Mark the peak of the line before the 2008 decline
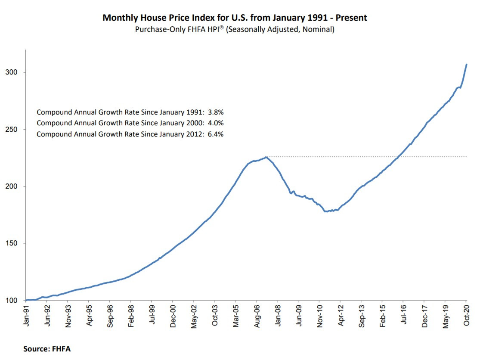[266, 157]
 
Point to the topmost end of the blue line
[467, 65]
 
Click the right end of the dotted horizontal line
[467, 157]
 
